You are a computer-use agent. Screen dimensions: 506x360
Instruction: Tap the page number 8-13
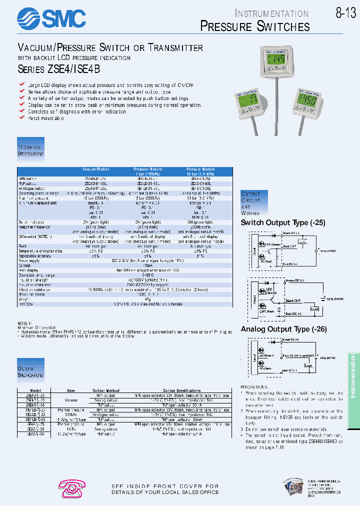[x=345, y=13]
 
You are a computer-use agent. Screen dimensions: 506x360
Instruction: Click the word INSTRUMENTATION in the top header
[x=271, y=13]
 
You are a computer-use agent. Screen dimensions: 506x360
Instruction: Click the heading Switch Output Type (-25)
[x=283, y=222]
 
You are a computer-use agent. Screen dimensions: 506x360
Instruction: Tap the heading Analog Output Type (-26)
[x=282, y=329]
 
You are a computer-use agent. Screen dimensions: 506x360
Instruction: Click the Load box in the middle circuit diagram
[x=315, y=309]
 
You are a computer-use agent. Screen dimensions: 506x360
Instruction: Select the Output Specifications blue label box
[x=31, y=371]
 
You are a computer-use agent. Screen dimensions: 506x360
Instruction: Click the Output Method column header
[x=106, y=390]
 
